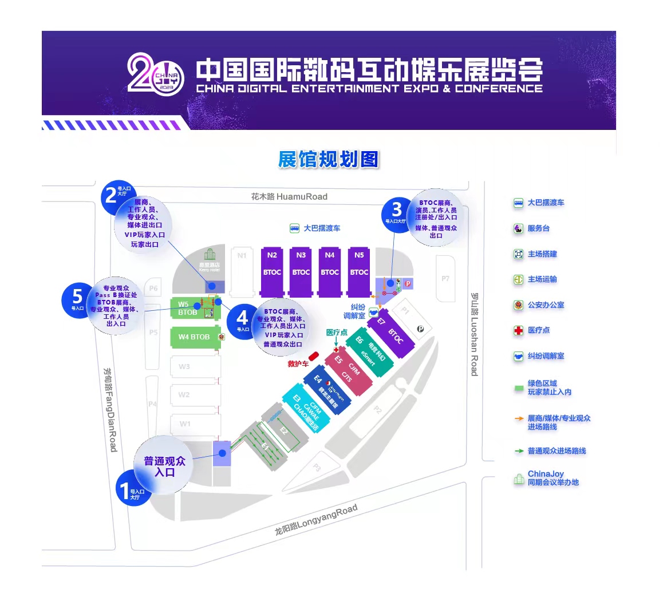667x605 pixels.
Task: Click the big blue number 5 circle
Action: (x=77, y=299)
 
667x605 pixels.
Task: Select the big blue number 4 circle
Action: (x=243, y=319)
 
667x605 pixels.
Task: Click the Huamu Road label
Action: (x=289, y=196)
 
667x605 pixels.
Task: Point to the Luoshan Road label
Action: (x=474, y=334)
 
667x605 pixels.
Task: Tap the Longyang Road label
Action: (x=316, y=520)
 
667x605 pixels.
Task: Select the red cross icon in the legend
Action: (x=518, y=330)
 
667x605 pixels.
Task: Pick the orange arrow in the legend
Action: (x=519, y=418)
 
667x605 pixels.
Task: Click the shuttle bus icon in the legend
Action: (x=518, y=203)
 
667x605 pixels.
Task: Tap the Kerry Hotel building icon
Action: (x=210, y=254)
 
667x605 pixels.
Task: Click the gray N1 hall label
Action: (x=242, y=255)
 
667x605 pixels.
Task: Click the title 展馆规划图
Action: (x=329, y=159)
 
